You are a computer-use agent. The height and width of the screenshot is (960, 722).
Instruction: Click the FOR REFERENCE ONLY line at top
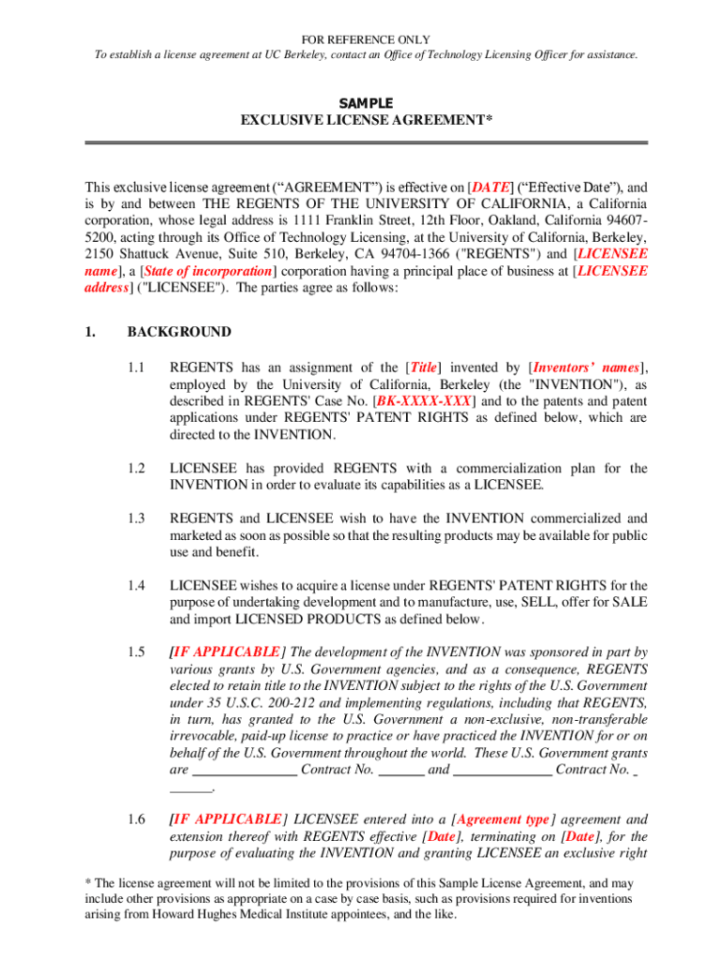pos(366,39)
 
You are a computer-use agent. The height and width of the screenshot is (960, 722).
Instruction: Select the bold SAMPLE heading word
pos(366,103)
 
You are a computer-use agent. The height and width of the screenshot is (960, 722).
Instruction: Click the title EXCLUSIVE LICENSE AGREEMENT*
pos(366,120)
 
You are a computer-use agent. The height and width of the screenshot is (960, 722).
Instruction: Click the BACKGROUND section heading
pos(179,332)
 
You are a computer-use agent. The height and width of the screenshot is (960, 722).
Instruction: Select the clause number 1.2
pos(137,468)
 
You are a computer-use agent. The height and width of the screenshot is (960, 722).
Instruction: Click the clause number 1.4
pos(137,586)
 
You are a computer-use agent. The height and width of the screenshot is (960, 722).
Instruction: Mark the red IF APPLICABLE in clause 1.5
pos(224,652)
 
